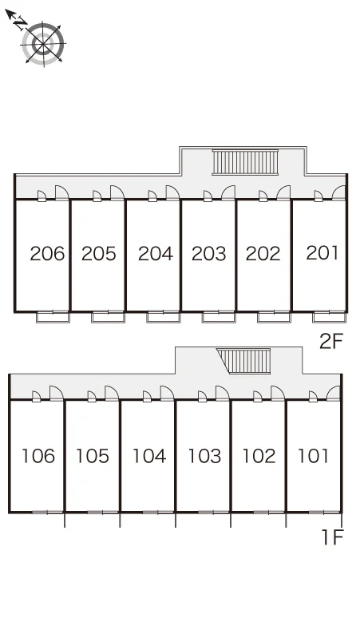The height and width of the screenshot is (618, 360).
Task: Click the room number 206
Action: [x=47, y=253]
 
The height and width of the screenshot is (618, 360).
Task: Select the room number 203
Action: [x=209, y=253]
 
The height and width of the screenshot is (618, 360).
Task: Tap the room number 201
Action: [x=322, y=252]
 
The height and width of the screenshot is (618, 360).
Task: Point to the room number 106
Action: [x=38, y=456]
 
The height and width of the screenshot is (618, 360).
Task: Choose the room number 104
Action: [x=149, y=456]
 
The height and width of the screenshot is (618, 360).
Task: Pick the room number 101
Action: [x=313, y=456]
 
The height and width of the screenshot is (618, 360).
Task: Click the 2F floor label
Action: [x=331, y=341]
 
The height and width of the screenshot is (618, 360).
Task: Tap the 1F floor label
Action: [x=333, y=537]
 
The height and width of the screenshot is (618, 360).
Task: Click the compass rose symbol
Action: [x=43, y=43]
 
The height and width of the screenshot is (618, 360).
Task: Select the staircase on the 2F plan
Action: [x=245, y=162]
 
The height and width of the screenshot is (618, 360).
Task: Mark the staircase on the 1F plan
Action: [x=243, y=361]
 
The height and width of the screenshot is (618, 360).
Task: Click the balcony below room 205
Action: [x=108, y=317]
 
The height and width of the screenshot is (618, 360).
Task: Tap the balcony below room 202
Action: [x=274, y=317]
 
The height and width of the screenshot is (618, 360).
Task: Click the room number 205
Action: [x=99, y=253]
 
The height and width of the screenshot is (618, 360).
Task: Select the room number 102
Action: [x=259, y=456]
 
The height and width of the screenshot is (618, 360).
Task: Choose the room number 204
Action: [x=156, y=253]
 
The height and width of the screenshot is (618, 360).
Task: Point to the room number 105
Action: [x=93, y=456]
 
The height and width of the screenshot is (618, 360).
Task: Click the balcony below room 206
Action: [x=53, y=317]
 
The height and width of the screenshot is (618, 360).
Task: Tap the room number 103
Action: [x=204, y=456]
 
